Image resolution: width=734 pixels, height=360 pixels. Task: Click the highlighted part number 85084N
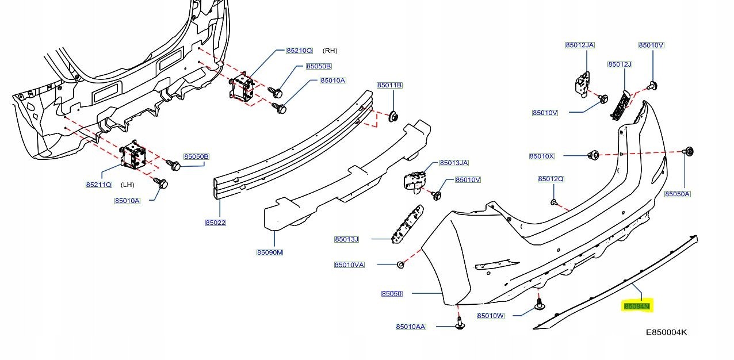pos(637,307)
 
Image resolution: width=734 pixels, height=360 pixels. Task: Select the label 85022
pos(216,223)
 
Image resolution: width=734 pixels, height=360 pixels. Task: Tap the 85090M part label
pos(270,252)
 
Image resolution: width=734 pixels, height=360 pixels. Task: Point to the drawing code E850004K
pos(666,332)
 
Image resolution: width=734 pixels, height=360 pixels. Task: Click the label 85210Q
pos(299,51)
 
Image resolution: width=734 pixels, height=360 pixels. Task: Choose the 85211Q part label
pos(98,185)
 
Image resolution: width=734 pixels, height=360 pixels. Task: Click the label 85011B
pos(389,86)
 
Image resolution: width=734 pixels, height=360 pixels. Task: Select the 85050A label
pos(677,194)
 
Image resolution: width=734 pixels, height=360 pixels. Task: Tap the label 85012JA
pos(580,45)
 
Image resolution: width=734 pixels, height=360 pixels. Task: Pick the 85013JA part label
pos(454,163)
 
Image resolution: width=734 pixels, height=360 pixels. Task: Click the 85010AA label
pos(411,327)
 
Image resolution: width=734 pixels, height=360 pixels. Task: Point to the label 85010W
pos(491,316)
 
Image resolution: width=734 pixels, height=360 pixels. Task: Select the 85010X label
pos(542,156)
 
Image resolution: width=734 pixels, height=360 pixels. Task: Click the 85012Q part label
pos(551,179)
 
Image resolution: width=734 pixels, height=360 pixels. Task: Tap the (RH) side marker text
pos(330,51)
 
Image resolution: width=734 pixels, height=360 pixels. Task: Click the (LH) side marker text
pos(127,185)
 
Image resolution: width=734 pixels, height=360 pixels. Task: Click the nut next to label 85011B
pos(394,117)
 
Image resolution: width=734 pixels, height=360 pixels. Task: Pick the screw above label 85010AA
pos(460,324)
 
